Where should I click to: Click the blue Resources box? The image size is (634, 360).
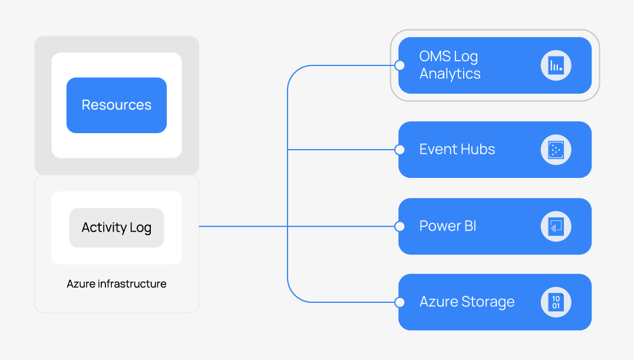tap(116, 105)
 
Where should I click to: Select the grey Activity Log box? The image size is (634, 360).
tap(116, 227)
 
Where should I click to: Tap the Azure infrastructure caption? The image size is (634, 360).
tap(116, 284)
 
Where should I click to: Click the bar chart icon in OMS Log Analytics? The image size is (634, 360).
tap(556, 65)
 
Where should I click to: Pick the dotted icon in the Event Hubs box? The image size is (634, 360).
tap(556, 150)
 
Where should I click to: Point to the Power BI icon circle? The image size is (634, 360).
tap(556, 226)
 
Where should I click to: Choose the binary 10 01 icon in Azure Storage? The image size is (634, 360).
tap(556, 302)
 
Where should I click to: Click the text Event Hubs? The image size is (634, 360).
tap(457, 150)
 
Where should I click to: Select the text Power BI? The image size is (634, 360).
tap(447, 226)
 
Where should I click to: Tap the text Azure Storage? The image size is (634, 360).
tap(467, 302)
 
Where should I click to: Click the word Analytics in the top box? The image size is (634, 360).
tap(450, 74)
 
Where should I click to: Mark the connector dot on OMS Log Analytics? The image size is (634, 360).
tap(399, 65)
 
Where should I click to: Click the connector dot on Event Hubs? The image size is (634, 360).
tap(399, 150)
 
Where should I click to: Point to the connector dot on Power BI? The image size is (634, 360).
tap(399, 226)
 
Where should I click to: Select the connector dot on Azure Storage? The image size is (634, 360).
tap(399, 302)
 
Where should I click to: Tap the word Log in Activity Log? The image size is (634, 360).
tap(140, 228)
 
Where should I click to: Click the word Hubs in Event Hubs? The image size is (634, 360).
tap(478, 150)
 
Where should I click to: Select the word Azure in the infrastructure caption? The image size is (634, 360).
tap(80, 284)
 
